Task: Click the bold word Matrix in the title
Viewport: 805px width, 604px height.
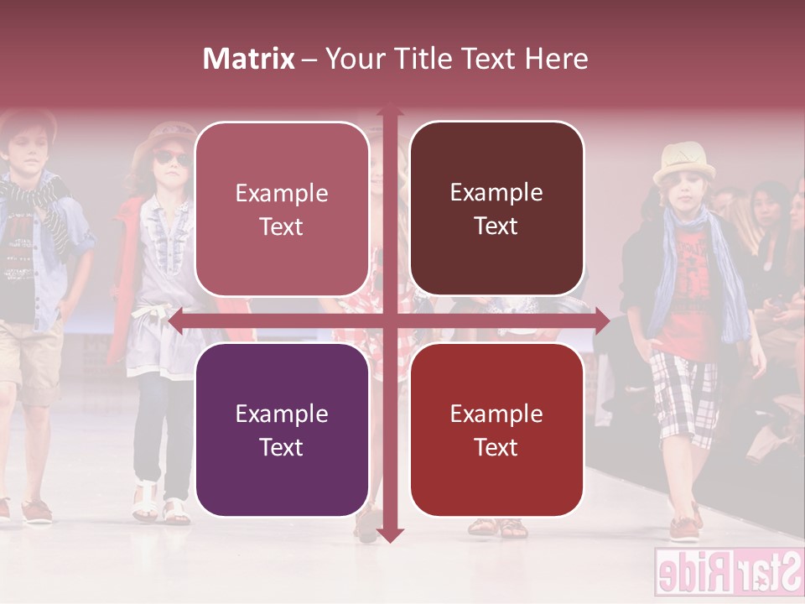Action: pyautogui.click(x=248, y=59)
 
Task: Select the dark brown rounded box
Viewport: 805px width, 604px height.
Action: pyautogui.click(x=496, y=209)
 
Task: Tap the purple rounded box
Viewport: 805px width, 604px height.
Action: pyautogui.click(x=282, y=430)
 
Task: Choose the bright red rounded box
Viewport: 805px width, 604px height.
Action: pyautogui.click(x=496, y=430)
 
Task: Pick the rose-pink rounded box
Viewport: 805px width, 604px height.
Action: pyautogui.click(x=282, y=209)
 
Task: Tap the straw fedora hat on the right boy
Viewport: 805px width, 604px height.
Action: pyautogui.click(x=686, y=163)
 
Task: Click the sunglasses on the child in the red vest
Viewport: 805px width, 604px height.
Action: pyautogui.click(x=170, y=159)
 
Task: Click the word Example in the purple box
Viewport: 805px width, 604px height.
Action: pyautogui.click(x=282, y=414)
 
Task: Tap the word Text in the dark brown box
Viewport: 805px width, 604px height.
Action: pyautogui.click(x=496, y=226)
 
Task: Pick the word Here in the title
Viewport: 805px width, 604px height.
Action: pyautogui.click(x=557, y=59)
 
